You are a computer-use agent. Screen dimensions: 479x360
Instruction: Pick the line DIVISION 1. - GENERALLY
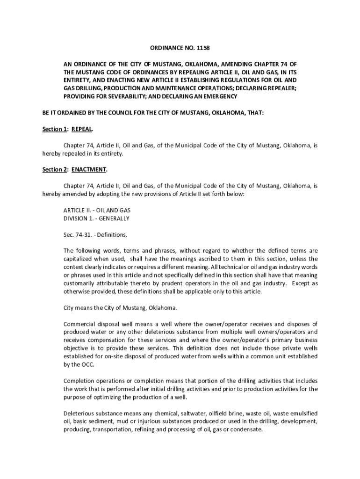96,218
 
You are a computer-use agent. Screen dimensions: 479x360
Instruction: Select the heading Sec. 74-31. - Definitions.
95,234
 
